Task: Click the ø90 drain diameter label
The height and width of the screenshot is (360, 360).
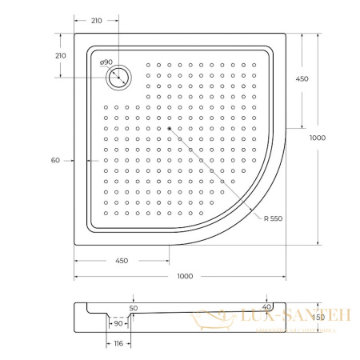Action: click(x=106, y=62)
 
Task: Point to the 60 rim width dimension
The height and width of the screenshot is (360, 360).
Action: click(x=55, y=160)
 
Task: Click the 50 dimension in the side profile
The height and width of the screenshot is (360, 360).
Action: click(x=133, y=308)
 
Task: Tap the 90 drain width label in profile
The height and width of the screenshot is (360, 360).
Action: click(x=118, y=323)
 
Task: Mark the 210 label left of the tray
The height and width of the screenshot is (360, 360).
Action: click(x=60, y=55)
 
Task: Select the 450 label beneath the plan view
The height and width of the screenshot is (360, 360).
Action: click(x=122, y=260)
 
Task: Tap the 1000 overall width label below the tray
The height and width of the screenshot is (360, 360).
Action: click(x=186, y=276)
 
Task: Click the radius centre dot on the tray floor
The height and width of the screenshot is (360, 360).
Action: click(x=170, y=128)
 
